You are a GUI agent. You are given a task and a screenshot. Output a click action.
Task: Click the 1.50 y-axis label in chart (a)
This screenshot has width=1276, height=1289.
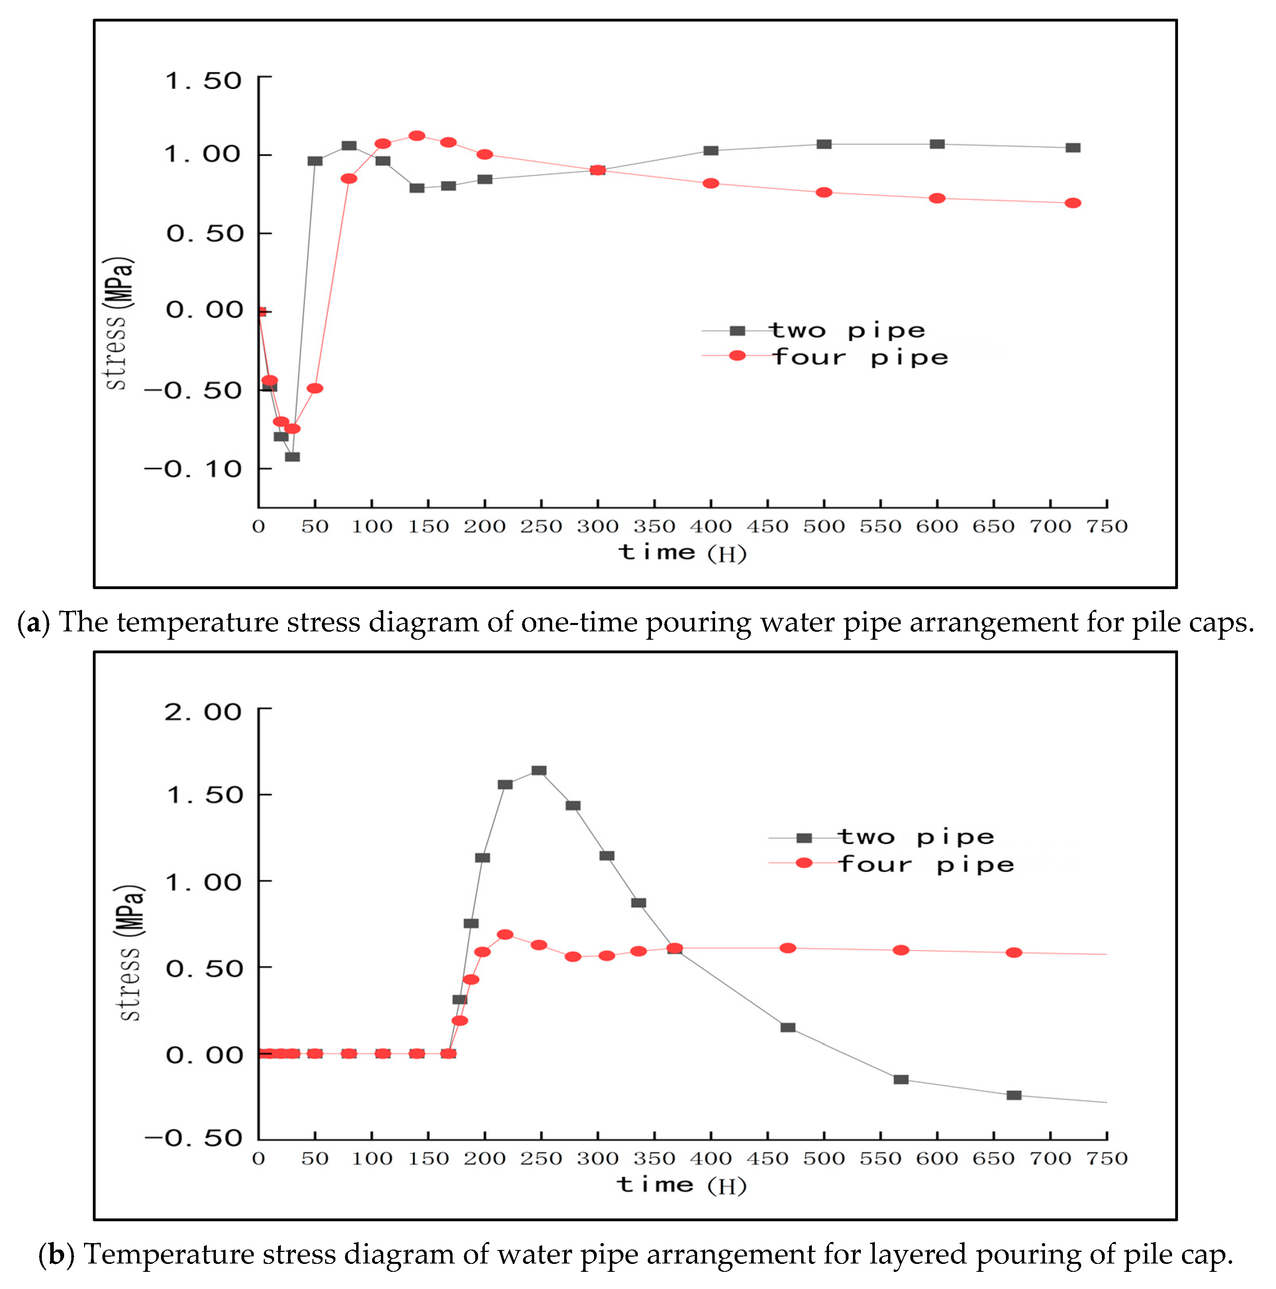[x=204, y=81]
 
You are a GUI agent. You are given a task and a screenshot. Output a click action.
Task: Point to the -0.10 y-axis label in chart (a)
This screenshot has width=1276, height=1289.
[x=194, y=469]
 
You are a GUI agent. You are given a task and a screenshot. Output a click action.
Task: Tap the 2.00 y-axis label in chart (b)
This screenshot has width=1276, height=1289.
[x=204, y=713]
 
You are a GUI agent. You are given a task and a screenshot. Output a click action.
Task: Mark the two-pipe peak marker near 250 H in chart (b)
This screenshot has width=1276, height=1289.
[x=539, y=770]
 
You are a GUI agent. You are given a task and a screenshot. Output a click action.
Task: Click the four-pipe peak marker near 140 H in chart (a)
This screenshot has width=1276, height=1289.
[x=417, y=136]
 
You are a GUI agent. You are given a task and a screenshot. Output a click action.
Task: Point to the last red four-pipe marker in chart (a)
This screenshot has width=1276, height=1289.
[x=1072, y=203]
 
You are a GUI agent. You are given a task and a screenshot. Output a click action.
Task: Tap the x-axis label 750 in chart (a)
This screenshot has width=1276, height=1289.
[x=1107, y=527]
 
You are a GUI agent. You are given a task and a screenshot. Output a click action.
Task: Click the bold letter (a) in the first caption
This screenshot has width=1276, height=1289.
[x=33, y=623]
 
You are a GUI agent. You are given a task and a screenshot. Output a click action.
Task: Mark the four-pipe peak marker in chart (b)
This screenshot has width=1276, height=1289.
[x=505, y=935]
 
